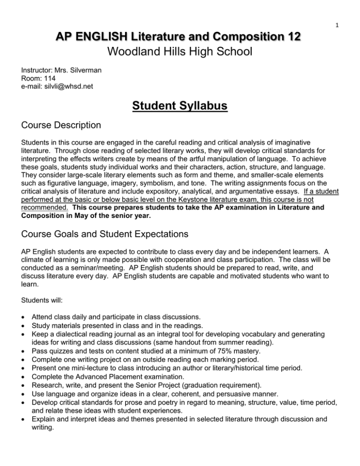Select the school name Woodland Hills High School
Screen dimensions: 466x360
pyautogui.click(x=180, y=51)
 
